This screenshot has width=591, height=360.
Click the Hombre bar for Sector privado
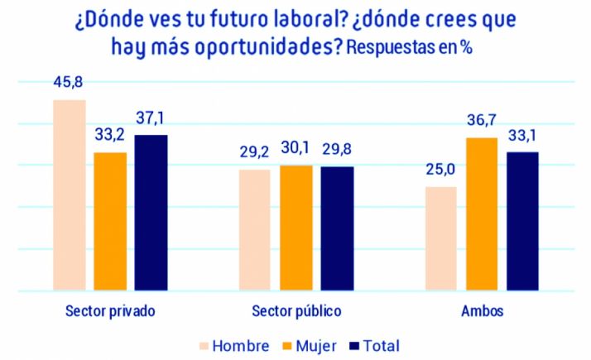(70, 195)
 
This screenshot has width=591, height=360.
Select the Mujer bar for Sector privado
(110, 222)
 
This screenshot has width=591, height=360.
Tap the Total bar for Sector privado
(151, 213)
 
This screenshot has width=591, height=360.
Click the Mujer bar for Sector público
(295, 228)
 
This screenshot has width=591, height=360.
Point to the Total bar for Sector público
(337, 229)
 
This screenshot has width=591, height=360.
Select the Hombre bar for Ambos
(440, 239)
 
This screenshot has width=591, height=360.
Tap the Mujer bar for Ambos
(481, 214)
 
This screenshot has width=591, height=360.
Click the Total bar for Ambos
(522, 222)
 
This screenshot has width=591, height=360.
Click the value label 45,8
(70, 83)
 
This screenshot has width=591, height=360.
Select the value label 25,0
(440, 171)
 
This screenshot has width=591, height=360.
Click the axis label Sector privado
(110, 312)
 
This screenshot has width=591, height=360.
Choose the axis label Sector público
(295, 312)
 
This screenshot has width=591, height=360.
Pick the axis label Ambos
(481, 312)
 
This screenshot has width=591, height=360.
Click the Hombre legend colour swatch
(200, 344)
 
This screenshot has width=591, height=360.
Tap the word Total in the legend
(379, 344)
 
